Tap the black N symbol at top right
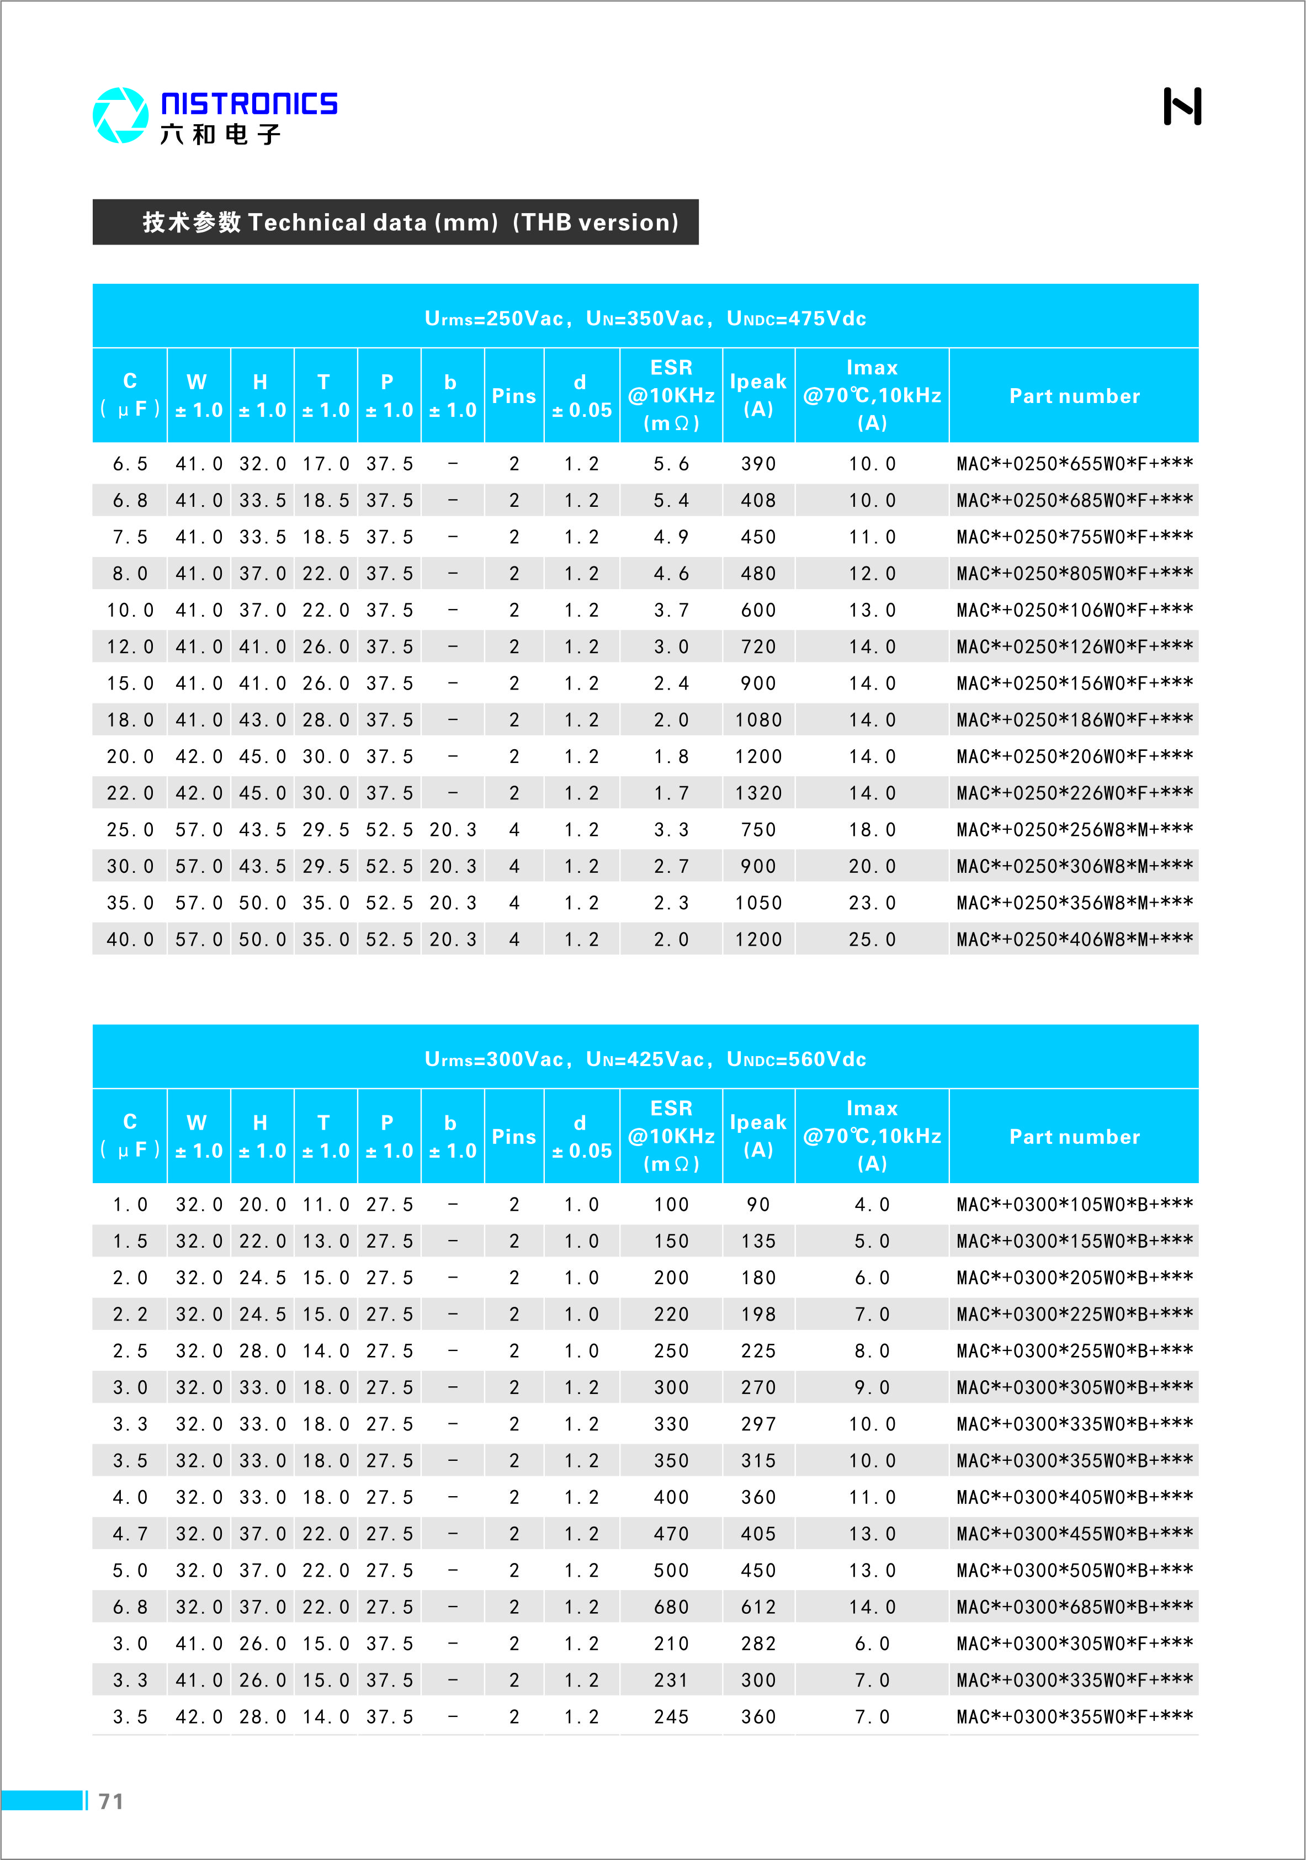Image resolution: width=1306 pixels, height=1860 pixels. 1181,106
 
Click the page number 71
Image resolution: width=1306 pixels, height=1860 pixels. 111,1801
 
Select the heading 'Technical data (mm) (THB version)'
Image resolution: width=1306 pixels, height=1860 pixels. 410,222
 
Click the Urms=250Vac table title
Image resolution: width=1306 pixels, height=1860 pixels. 645,319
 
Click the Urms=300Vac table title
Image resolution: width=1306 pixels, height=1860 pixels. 645,1059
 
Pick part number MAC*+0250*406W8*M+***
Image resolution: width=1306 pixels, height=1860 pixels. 1074,939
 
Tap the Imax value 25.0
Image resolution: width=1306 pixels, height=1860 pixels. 872,939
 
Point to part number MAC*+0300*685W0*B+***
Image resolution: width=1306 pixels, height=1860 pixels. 1074,1607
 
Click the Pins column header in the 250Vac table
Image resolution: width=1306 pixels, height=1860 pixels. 514,396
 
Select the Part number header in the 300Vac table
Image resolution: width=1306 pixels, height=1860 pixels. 1074,1137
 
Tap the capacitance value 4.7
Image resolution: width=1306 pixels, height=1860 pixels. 130,1534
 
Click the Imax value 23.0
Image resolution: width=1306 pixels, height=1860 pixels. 872,903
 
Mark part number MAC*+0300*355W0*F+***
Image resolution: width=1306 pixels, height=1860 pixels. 1074,1716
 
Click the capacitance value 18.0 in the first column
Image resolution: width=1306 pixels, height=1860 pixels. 130,720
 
